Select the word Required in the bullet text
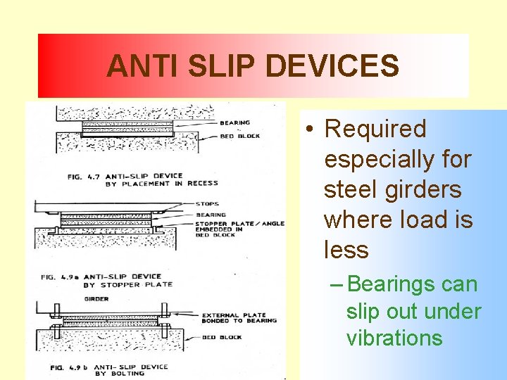375,129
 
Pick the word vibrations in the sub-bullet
394,338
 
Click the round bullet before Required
310,129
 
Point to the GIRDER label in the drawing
96,298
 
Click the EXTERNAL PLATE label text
234,315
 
